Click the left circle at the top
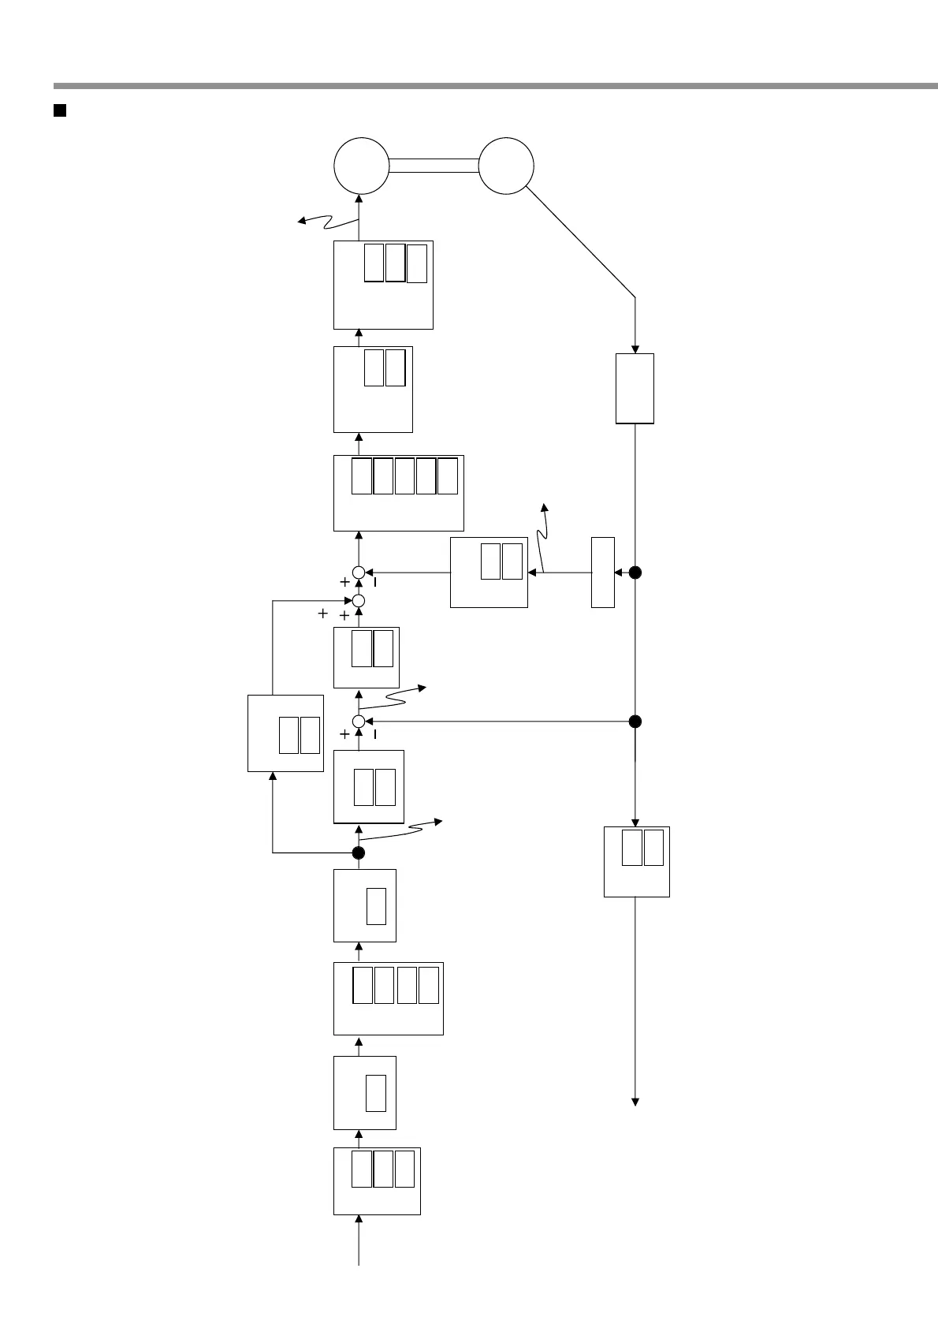pyautogui.click(x=361, y=166)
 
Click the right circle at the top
pyautogui.click(x=506, y=166)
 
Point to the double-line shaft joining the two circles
pyautogui.click(x=434, y=166)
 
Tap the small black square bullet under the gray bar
pyautogui.click(x=59, y=110)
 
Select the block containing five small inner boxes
pyautogui.click(x=398, y=493)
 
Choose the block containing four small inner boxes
pyautogui.click(x=388, y=998)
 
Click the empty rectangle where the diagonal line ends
pyautogui.click(x=635, y=388)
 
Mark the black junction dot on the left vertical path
pyautogui.click(x=359, y=852)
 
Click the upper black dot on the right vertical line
pyautogui.click(x=635, y=573)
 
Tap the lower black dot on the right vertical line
pyautogui.click(x=635, y=722)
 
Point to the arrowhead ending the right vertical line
pyautogui.click(x=635, y=1102)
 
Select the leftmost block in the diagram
pyautogui.click(x=285, y=733)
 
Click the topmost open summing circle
pyautogui.click(x=359, y=573)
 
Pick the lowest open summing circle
pyautogui.click(x=359, y=722)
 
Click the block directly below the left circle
pyautogui.click(x=383, y=285)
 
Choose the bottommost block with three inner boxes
pyautogui.click(x=377, y=1181)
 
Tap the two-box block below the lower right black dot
pyautogui.click(x=636, y=861)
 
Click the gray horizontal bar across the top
pyautogui.click(x=495, y=85)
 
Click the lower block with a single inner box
pyautogui.click(x=364, y=1092)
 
